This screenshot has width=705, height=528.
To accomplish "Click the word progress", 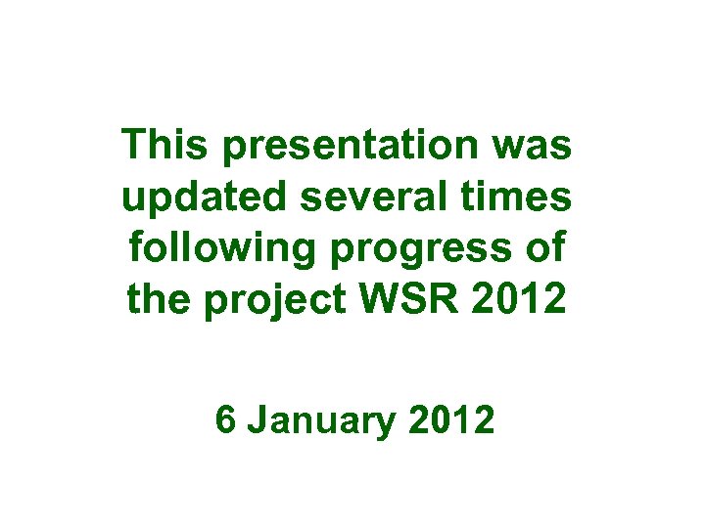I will pos(437,250).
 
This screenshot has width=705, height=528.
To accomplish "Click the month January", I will pos(321,423).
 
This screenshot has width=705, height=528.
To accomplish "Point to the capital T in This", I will pos(134,146).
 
